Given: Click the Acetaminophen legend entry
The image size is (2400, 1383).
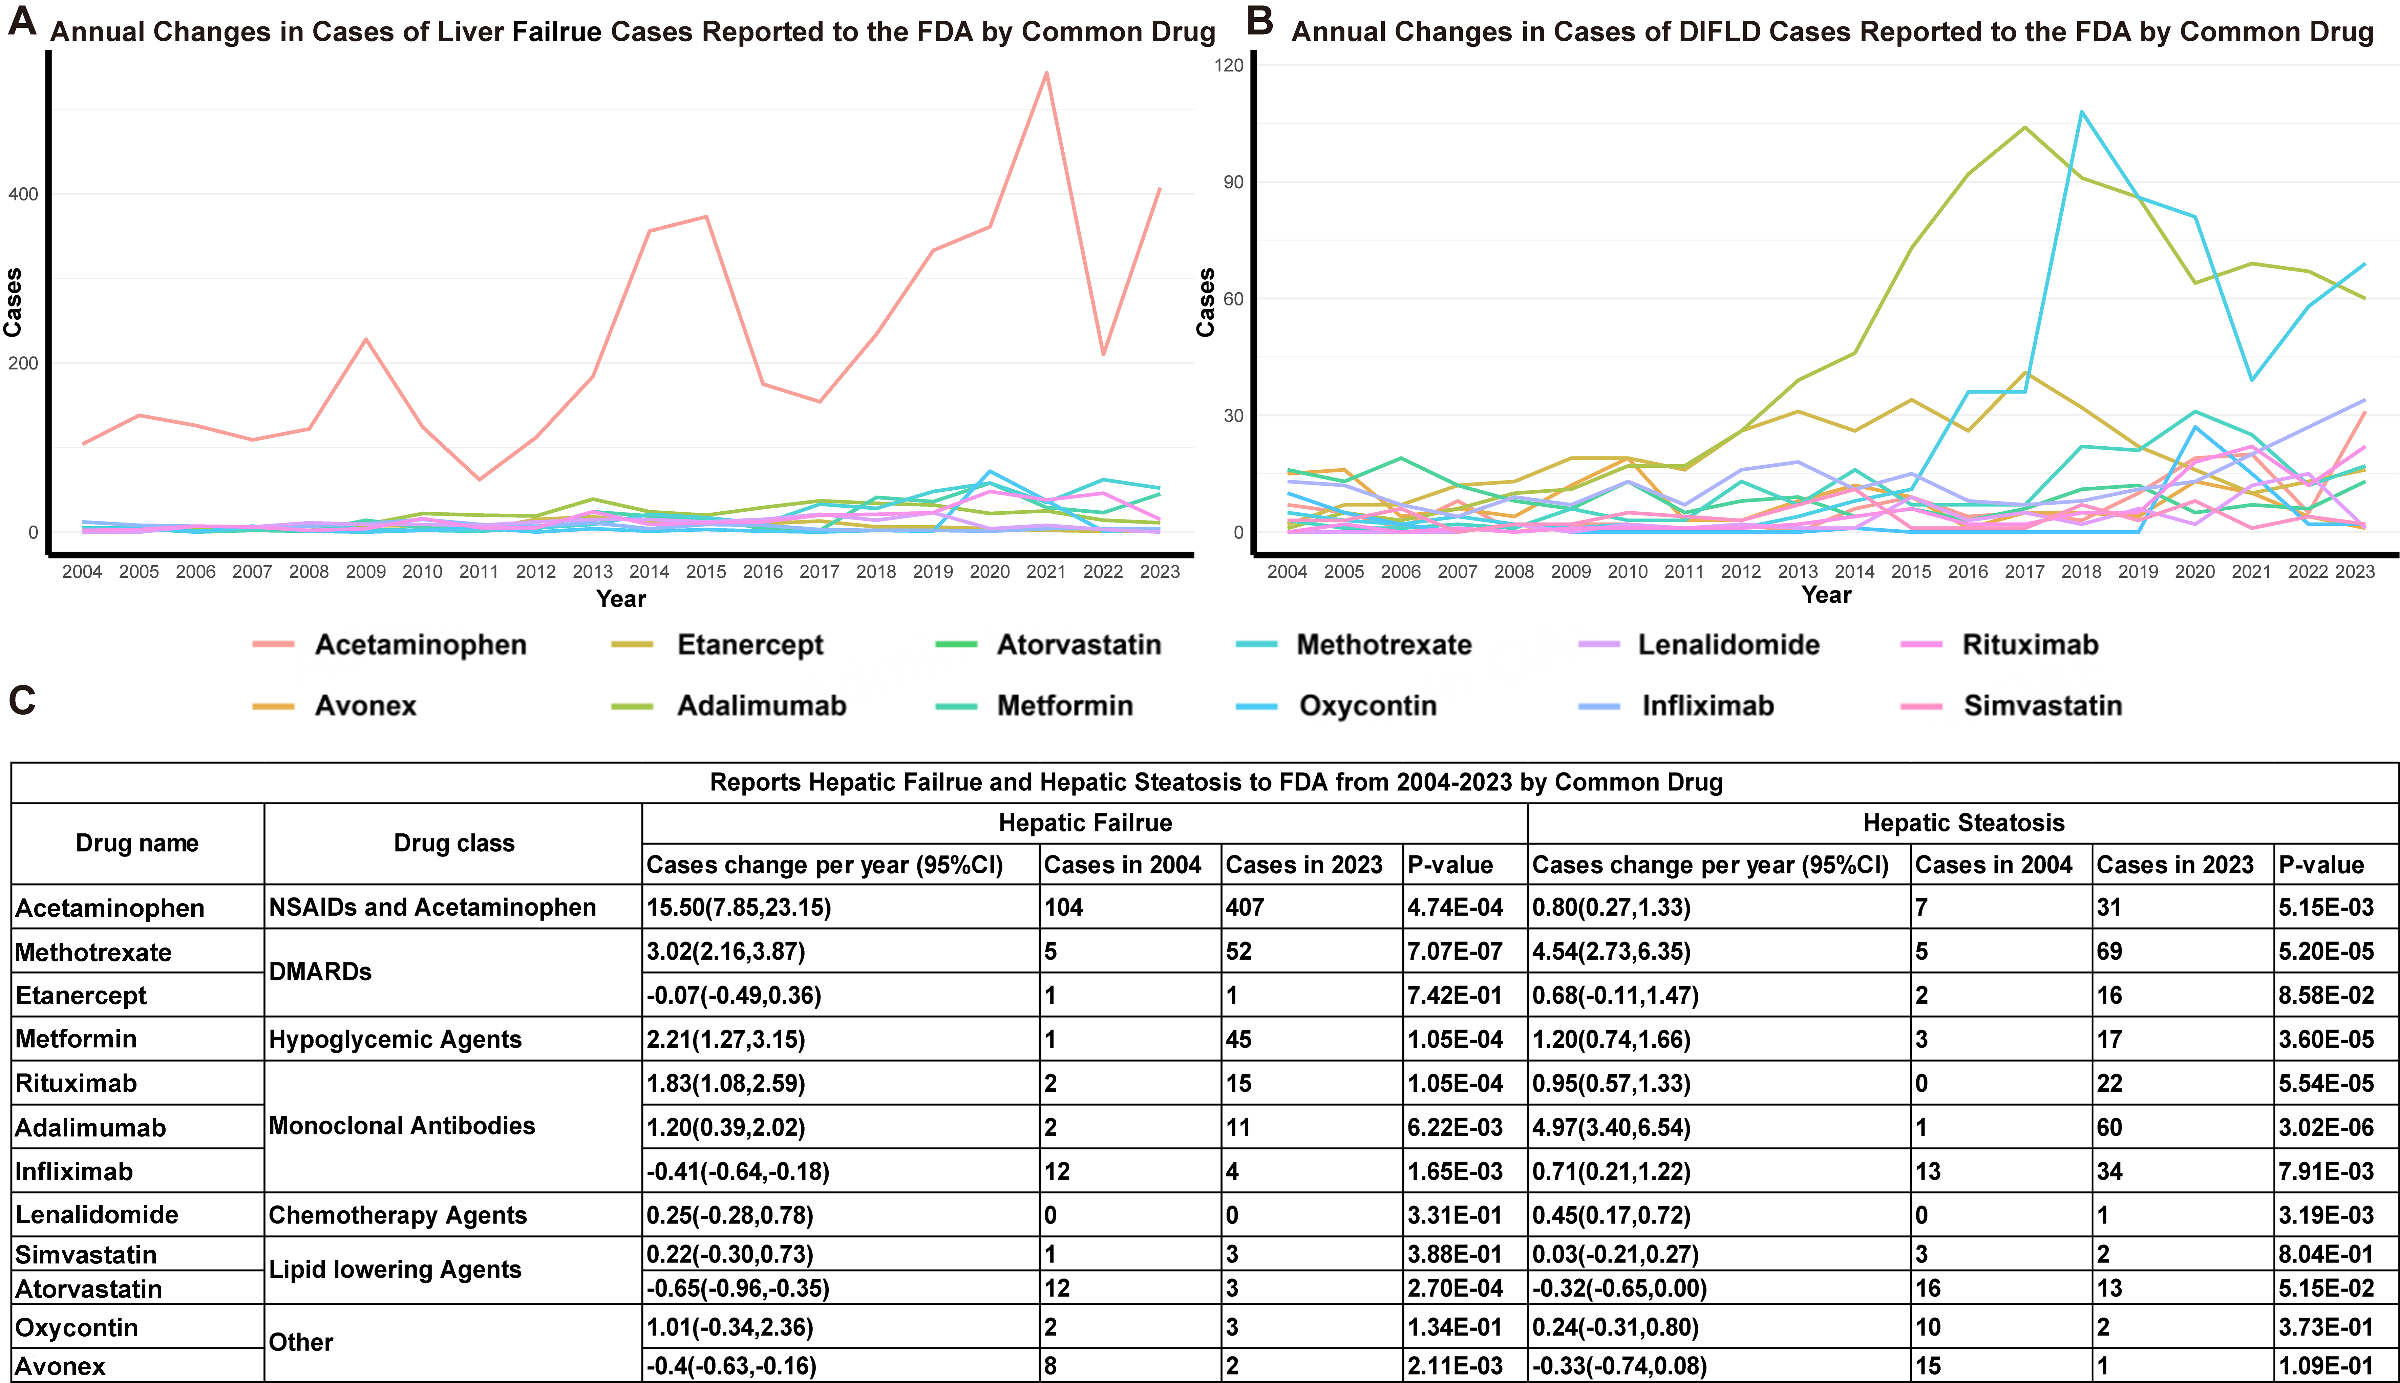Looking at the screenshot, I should pos(420,645).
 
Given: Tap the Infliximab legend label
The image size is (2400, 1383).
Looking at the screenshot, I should pos(1708,706).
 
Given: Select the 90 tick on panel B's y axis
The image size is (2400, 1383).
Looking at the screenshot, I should pos(1233,183).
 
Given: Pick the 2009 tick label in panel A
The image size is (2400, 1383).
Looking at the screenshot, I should pos(366,572).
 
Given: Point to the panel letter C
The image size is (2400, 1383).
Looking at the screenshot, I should pos(22,701).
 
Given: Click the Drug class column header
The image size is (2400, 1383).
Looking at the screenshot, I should pos(454,844).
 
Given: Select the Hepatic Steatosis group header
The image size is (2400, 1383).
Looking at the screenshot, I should pos(1963,823).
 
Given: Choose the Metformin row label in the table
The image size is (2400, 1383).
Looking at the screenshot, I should pos(76,1039).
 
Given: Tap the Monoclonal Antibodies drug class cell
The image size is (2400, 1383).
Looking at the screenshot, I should pos(402,1127).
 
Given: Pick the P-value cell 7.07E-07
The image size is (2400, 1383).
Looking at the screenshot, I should pos(1454,952).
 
